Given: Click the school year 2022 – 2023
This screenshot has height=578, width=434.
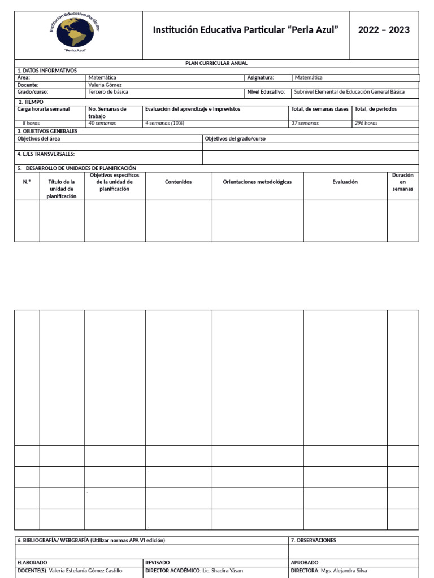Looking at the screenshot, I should tap(384, 30).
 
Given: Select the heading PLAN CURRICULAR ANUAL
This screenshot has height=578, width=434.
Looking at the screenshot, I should tap(216, 63).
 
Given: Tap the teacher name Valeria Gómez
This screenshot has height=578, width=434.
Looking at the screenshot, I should tap(105, 85).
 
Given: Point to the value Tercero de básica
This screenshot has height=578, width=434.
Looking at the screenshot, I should tap(108, 91).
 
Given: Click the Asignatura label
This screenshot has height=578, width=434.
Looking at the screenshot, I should tap(261, 77).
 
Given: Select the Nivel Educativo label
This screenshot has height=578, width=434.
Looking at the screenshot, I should tap(266, 91).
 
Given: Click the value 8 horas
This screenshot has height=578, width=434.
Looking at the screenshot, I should tap(31, 123).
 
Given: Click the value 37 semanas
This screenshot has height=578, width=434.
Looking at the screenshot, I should tap(305, 123).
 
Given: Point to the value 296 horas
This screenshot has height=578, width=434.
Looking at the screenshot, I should tap(366, 123).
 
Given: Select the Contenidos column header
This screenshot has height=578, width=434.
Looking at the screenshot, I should tap(178, 182).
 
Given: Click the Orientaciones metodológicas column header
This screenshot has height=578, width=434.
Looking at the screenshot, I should tap(257, 182).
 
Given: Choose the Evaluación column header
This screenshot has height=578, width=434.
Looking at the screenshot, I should tap(345, 182).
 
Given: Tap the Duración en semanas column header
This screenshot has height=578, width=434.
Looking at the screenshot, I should tap(402, 182).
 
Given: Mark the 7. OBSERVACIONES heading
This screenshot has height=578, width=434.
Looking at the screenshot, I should tap(313, 540).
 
